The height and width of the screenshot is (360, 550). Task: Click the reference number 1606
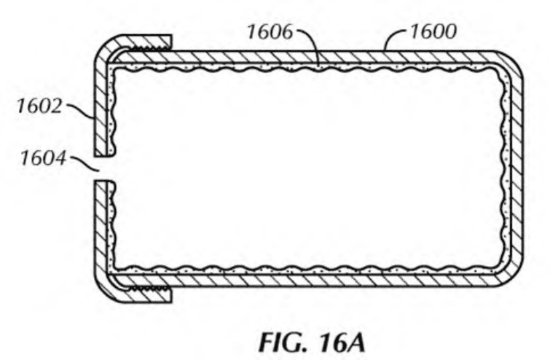[x=270, y=31]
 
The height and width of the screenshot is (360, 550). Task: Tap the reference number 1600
[x=433, y=31]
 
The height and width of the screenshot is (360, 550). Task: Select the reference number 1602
[x=39, y=106]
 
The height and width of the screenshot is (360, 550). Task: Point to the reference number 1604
[x=43, y=158]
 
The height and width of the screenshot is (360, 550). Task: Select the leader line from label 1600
[x=395, y=39]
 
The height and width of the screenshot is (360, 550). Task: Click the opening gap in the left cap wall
[x=104, y=168]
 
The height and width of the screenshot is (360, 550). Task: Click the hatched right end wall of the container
[x=516, y=168]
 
